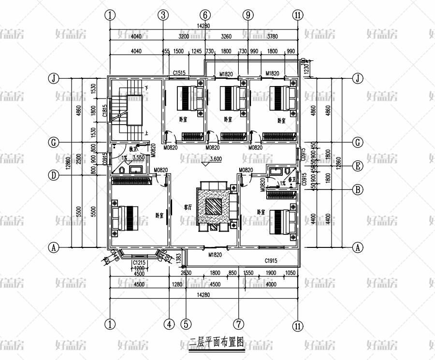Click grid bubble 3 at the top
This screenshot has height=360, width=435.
click(x=163, y=15)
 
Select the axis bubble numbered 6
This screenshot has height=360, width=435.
click(x=205, y=15)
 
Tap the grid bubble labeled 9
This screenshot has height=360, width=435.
click(x=248, y=15)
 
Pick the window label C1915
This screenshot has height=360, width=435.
click(x=271, y=261)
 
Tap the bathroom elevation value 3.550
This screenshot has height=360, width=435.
click(x=139, y=158)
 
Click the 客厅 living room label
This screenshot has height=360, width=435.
click(x=188, y=206)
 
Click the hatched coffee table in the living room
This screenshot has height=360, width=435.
click(x=214, y=206)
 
